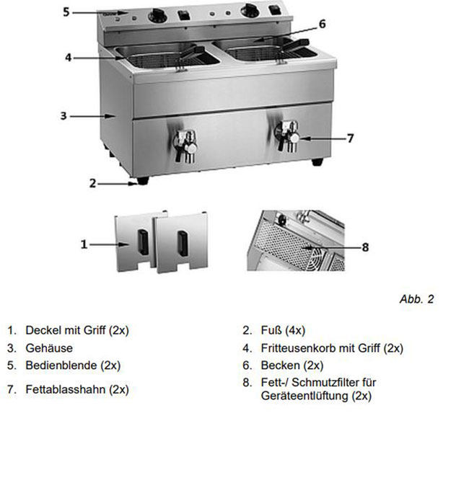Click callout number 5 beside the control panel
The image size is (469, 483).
[66, 12]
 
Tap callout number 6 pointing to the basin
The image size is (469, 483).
[322, 24]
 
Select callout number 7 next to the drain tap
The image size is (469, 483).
[350, 138]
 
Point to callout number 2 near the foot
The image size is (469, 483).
[92, 183]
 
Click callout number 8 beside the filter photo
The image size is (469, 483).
[365, 247]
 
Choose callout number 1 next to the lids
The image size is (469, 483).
[84, 244]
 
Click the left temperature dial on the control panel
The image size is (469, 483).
[157, 16]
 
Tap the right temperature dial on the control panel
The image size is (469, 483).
[250, 11]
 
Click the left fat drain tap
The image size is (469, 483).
[185, 146]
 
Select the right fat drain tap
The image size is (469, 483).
[287, 136]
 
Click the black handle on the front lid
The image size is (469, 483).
[183, 244]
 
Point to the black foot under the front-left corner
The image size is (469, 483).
[143, 180]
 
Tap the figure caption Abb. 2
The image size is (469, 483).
[416, 298]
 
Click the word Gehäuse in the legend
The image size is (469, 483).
[49, 348]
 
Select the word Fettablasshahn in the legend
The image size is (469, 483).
[66, 389]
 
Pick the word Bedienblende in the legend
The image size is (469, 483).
[61, 365]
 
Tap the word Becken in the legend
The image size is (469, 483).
[280, 365]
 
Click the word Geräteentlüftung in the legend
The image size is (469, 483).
[304, 396]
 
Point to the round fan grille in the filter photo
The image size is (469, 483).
[318, 258]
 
